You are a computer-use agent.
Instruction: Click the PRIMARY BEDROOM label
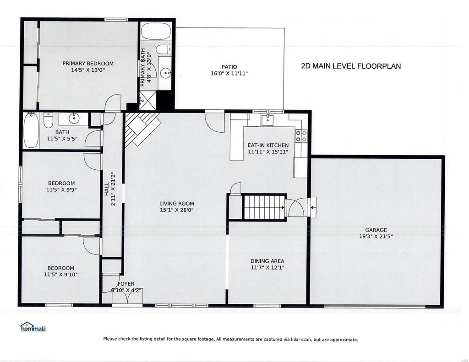point(88,63)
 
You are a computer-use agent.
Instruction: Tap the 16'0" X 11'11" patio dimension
point(229,73)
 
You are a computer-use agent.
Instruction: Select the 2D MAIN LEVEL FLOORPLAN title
point(351,66)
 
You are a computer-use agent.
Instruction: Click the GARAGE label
point(376,230)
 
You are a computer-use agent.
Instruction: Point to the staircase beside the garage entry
point(264,207)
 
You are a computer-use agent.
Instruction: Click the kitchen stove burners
point(301,136)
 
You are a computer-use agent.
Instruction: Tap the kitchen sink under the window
point(267,120)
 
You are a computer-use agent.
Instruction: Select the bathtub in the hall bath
point(31,130)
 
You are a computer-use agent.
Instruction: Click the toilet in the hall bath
point(49,120)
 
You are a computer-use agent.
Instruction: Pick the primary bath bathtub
point(156,32)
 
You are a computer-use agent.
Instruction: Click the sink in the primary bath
point(165,72)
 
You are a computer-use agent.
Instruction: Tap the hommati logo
point(33,327)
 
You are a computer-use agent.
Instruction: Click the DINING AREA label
point(267,261)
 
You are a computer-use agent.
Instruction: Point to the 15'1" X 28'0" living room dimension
point(177,210)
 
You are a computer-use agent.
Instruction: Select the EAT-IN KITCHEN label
point(268,145)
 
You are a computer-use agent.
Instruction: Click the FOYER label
point(126,284)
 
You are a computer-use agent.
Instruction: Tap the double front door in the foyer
point(127,297)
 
